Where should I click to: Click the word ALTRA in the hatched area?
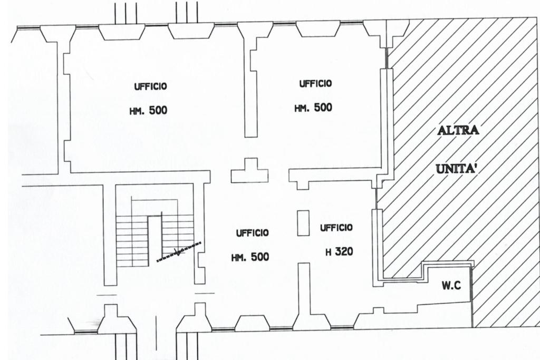[x=458, y=130]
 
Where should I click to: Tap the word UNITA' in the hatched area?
[x=457, y=169]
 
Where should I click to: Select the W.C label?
[x=451, y=286]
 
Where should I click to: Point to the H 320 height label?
[x=339, y=252]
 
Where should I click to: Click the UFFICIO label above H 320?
[x=336, y=228]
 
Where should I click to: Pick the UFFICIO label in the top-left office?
[x=150, y=86]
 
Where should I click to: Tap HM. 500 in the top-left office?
[x=148, y=111]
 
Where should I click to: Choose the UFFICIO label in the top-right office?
[x=315, y=83]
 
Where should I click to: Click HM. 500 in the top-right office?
[x=313, y=108]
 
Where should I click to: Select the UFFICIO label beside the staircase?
[x=252, y=232]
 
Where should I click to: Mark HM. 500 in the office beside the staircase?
[x=250, y=257]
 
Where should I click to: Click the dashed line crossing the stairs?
[x=179, y=251]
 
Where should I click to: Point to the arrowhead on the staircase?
[x=178, y=252]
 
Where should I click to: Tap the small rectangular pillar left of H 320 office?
[x=303, y=222]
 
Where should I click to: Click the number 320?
[x=343, y=252]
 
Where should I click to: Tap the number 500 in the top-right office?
[x=323, y=108]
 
